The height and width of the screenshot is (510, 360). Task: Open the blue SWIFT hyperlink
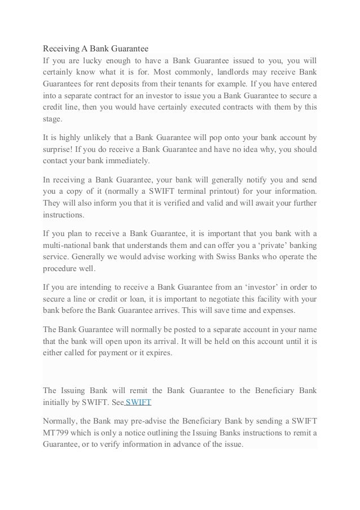(x=138, y=403)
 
